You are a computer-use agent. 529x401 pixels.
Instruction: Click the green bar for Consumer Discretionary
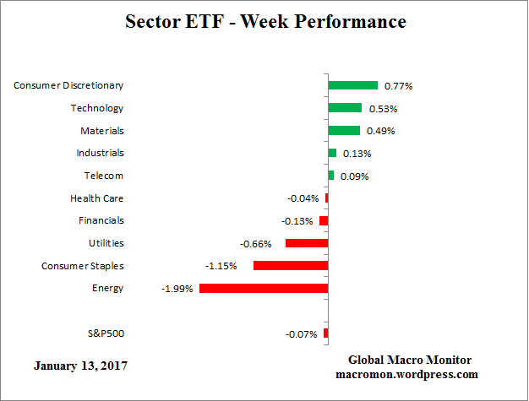(x=352, y=85)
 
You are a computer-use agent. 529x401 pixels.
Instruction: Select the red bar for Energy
(x=264, y=288)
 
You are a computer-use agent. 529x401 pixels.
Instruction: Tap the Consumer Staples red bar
(x=291, y=266)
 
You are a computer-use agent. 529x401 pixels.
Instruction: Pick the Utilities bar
(x=307, y=243)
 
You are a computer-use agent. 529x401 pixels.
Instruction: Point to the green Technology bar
(x=345, y=108)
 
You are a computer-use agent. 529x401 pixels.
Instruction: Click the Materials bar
(x=344, y=131)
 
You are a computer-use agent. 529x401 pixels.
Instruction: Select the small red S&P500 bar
(x=325, y=333)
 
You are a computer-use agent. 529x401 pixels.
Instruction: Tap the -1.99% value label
(x=177, y=289)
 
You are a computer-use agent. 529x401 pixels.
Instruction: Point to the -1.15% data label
(x=221, y=266)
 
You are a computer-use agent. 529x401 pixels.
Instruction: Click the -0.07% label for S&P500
(x=302, y=334)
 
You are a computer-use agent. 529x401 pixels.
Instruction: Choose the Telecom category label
(x=104, y=176)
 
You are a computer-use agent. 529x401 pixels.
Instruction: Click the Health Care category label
(x=97, y=198)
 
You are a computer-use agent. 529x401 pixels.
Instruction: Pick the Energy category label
(x=107, y=288)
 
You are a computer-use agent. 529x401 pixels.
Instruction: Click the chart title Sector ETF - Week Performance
(x=265, y=21)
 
